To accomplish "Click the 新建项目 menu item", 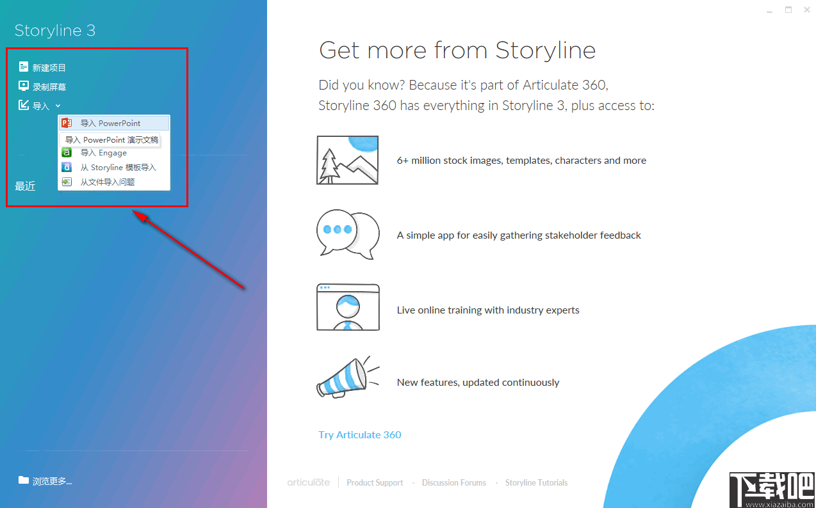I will [49, 68].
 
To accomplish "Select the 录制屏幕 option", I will [49, 87].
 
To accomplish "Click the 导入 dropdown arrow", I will [58, 106].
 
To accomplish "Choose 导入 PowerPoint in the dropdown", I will [110, 123].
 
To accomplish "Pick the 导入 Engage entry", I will [103, 153].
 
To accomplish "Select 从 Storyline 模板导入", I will [118, 168].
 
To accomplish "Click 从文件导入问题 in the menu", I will [107, 182].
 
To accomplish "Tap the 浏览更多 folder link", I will [51, 481].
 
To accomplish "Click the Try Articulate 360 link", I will [359, 435].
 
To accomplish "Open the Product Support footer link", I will [375, 483].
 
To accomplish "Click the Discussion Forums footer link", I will [453, 483].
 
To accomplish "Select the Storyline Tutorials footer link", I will [536, 483].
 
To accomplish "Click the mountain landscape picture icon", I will [348, 160].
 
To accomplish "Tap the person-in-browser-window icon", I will [348, 308].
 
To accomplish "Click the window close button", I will [806, 10].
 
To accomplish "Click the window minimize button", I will [770, 10].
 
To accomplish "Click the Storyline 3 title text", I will [55, 31].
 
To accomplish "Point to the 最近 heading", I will [26, 186].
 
